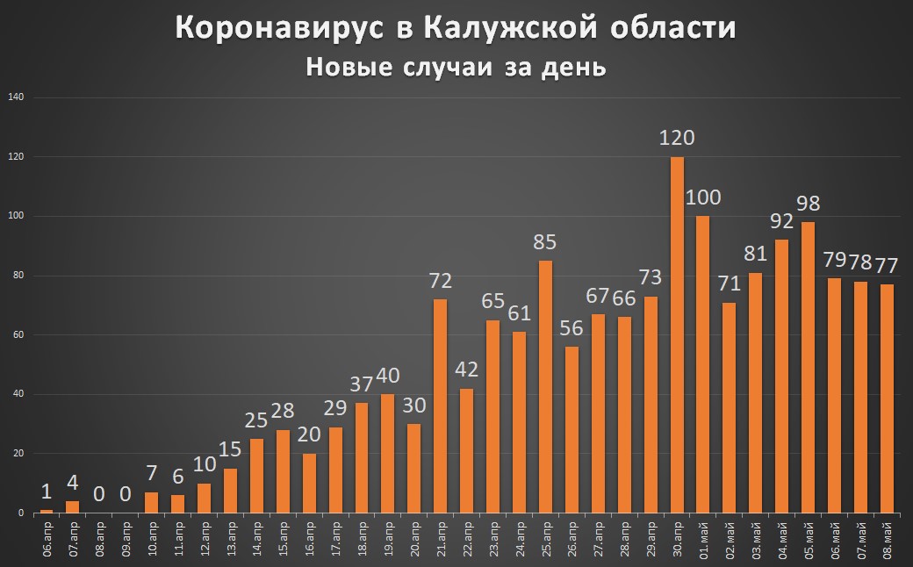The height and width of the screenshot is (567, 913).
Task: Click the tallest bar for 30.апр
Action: pos(677,334)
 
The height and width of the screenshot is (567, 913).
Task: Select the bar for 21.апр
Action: pos(440,406)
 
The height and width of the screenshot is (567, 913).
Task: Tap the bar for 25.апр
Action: pos(545,386)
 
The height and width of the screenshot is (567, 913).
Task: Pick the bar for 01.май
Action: pos(703,363)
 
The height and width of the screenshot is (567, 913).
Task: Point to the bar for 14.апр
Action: pos(255,476)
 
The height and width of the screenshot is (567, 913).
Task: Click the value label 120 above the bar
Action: pos(677,138)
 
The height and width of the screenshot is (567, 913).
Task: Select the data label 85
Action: pos(545,240)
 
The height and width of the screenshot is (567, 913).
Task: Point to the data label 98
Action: pos(809,203)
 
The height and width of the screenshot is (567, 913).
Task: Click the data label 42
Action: pos(466,369)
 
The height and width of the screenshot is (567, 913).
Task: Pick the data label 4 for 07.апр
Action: pos(73,482)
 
